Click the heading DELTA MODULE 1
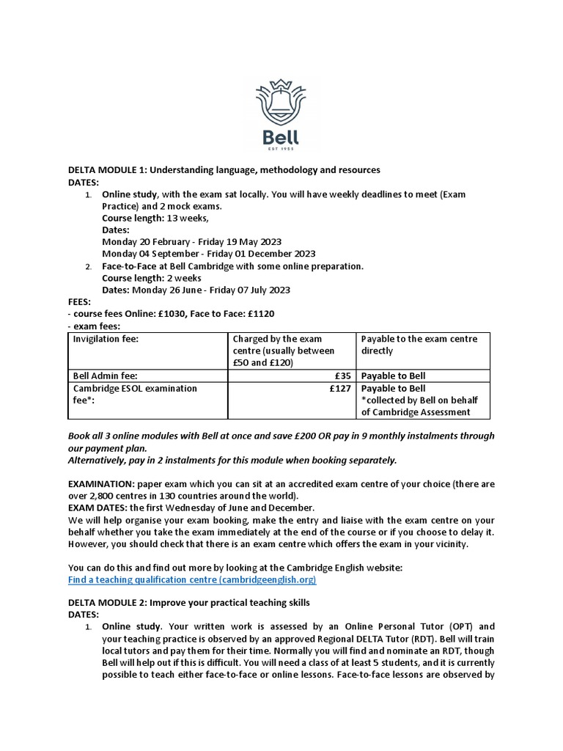tap(224, 170)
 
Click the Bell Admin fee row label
tap(106, 376)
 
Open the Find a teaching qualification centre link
tap(192, 580)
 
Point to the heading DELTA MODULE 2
tap(189, 603)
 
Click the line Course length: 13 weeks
tap(155, 219)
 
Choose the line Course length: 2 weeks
tap(152, 278)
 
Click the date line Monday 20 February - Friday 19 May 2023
tap(191, 242)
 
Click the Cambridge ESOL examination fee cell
tap(135, 395)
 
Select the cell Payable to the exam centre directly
tap(419, 345)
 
